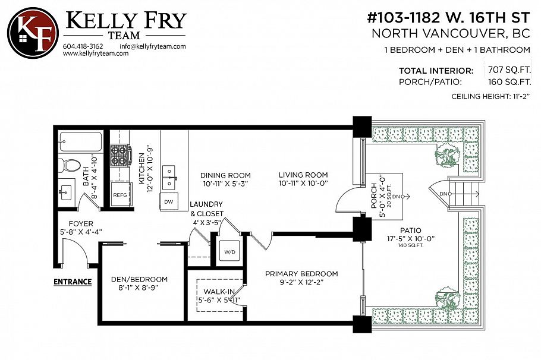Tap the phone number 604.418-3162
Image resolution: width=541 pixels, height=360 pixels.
click(x=82, y=46)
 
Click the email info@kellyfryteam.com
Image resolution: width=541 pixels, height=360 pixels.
click(x=153, y=46)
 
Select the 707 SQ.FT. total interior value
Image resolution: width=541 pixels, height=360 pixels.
click(x=508, y=70)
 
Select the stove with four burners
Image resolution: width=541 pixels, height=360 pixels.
click(x=121, y=155)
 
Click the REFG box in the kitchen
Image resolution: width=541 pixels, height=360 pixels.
click(x=120, y=195)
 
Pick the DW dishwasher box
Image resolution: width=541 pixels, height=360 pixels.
click(x=170, y=202)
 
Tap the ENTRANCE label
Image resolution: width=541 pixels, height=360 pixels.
click(x=73, y=282)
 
